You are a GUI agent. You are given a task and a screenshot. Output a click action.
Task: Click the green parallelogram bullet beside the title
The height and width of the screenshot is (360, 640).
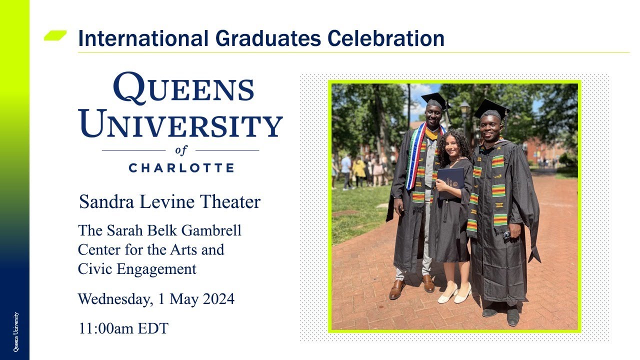[x=55, y=35]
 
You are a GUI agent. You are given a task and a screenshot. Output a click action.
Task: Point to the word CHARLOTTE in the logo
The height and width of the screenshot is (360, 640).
[x=181, y=167]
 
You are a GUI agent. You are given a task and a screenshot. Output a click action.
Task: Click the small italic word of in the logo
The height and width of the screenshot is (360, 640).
[x=180, y=150]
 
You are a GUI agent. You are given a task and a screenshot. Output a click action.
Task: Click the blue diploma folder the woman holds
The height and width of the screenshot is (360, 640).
[x=449, y=183]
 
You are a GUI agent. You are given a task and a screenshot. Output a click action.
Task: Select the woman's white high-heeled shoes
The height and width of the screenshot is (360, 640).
[x=454, y=293]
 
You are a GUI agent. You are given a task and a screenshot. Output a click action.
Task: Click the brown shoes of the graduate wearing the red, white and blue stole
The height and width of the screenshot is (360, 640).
[x=412, y=286]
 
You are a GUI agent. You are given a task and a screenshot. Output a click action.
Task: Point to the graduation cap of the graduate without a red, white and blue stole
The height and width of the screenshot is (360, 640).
[x=490, y=108]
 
